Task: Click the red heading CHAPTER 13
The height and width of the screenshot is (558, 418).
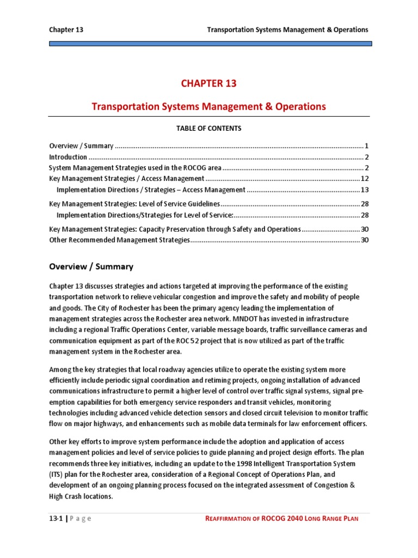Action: pos(209,83)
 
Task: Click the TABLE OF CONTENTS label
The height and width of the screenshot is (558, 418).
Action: pos(208,129)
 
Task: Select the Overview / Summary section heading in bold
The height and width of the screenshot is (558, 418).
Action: pos(91,266)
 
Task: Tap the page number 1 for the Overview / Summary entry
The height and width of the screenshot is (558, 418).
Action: pos(367,146)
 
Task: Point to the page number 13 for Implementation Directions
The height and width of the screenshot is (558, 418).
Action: pos(365,190)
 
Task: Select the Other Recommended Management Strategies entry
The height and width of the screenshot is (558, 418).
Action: pos(119,240)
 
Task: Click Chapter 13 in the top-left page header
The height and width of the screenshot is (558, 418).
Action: pos(66,29)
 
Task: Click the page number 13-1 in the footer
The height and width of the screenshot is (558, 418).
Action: pos(57,518)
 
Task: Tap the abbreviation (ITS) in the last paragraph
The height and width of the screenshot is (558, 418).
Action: pos(58,474)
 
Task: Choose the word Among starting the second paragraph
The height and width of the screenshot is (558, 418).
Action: pos(61,369)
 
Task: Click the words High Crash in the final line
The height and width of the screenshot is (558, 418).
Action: pos(69,496)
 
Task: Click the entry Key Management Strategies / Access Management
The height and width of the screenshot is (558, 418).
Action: pos(126,179)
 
